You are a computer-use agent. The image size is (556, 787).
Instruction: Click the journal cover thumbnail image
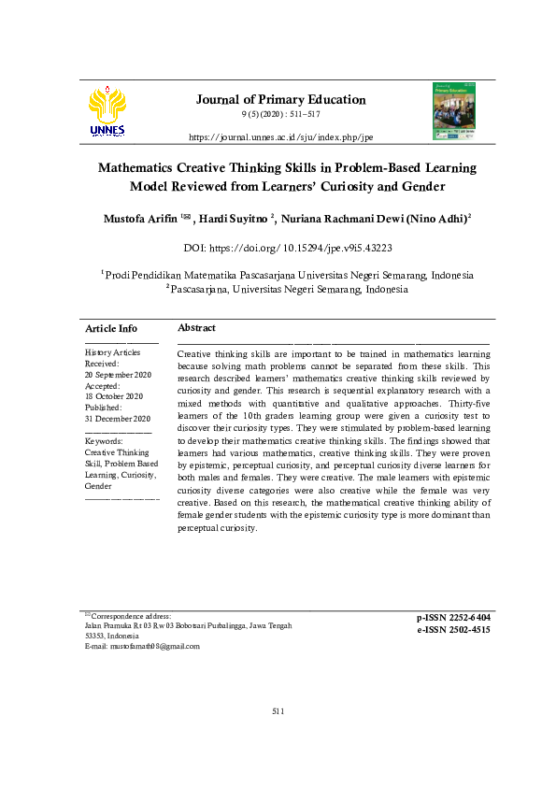pyautogui.click(x=453, y=111)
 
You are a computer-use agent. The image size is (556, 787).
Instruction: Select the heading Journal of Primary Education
pyautogui.click(x=280, y=100)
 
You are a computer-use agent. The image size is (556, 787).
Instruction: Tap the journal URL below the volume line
pyautogui.click(x=280, y=137)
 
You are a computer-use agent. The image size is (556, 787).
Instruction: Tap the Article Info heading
pyautogui.click(x=111, y=329)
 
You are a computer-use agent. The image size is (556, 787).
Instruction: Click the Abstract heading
pyautogui.click(x=196, y=328)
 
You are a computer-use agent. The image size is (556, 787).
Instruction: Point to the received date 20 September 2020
pyautogui.click(x=118, y=374)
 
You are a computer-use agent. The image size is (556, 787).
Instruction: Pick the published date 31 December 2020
pyautogui.click(x=117, y=419)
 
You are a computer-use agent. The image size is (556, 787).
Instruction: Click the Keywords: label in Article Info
pyautogui.click(x=104, y=440)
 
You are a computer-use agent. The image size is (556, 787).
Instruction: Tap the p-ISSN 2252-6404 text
pyautogui.click(x=453, y=618)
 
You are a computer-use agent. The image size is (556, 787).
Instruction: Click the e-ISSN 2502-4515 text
pyautogui.click(x=453, y=630)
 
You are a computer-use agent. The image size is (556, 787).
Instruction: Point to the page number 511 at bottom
pyautogui.click(x=278, y=711)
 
